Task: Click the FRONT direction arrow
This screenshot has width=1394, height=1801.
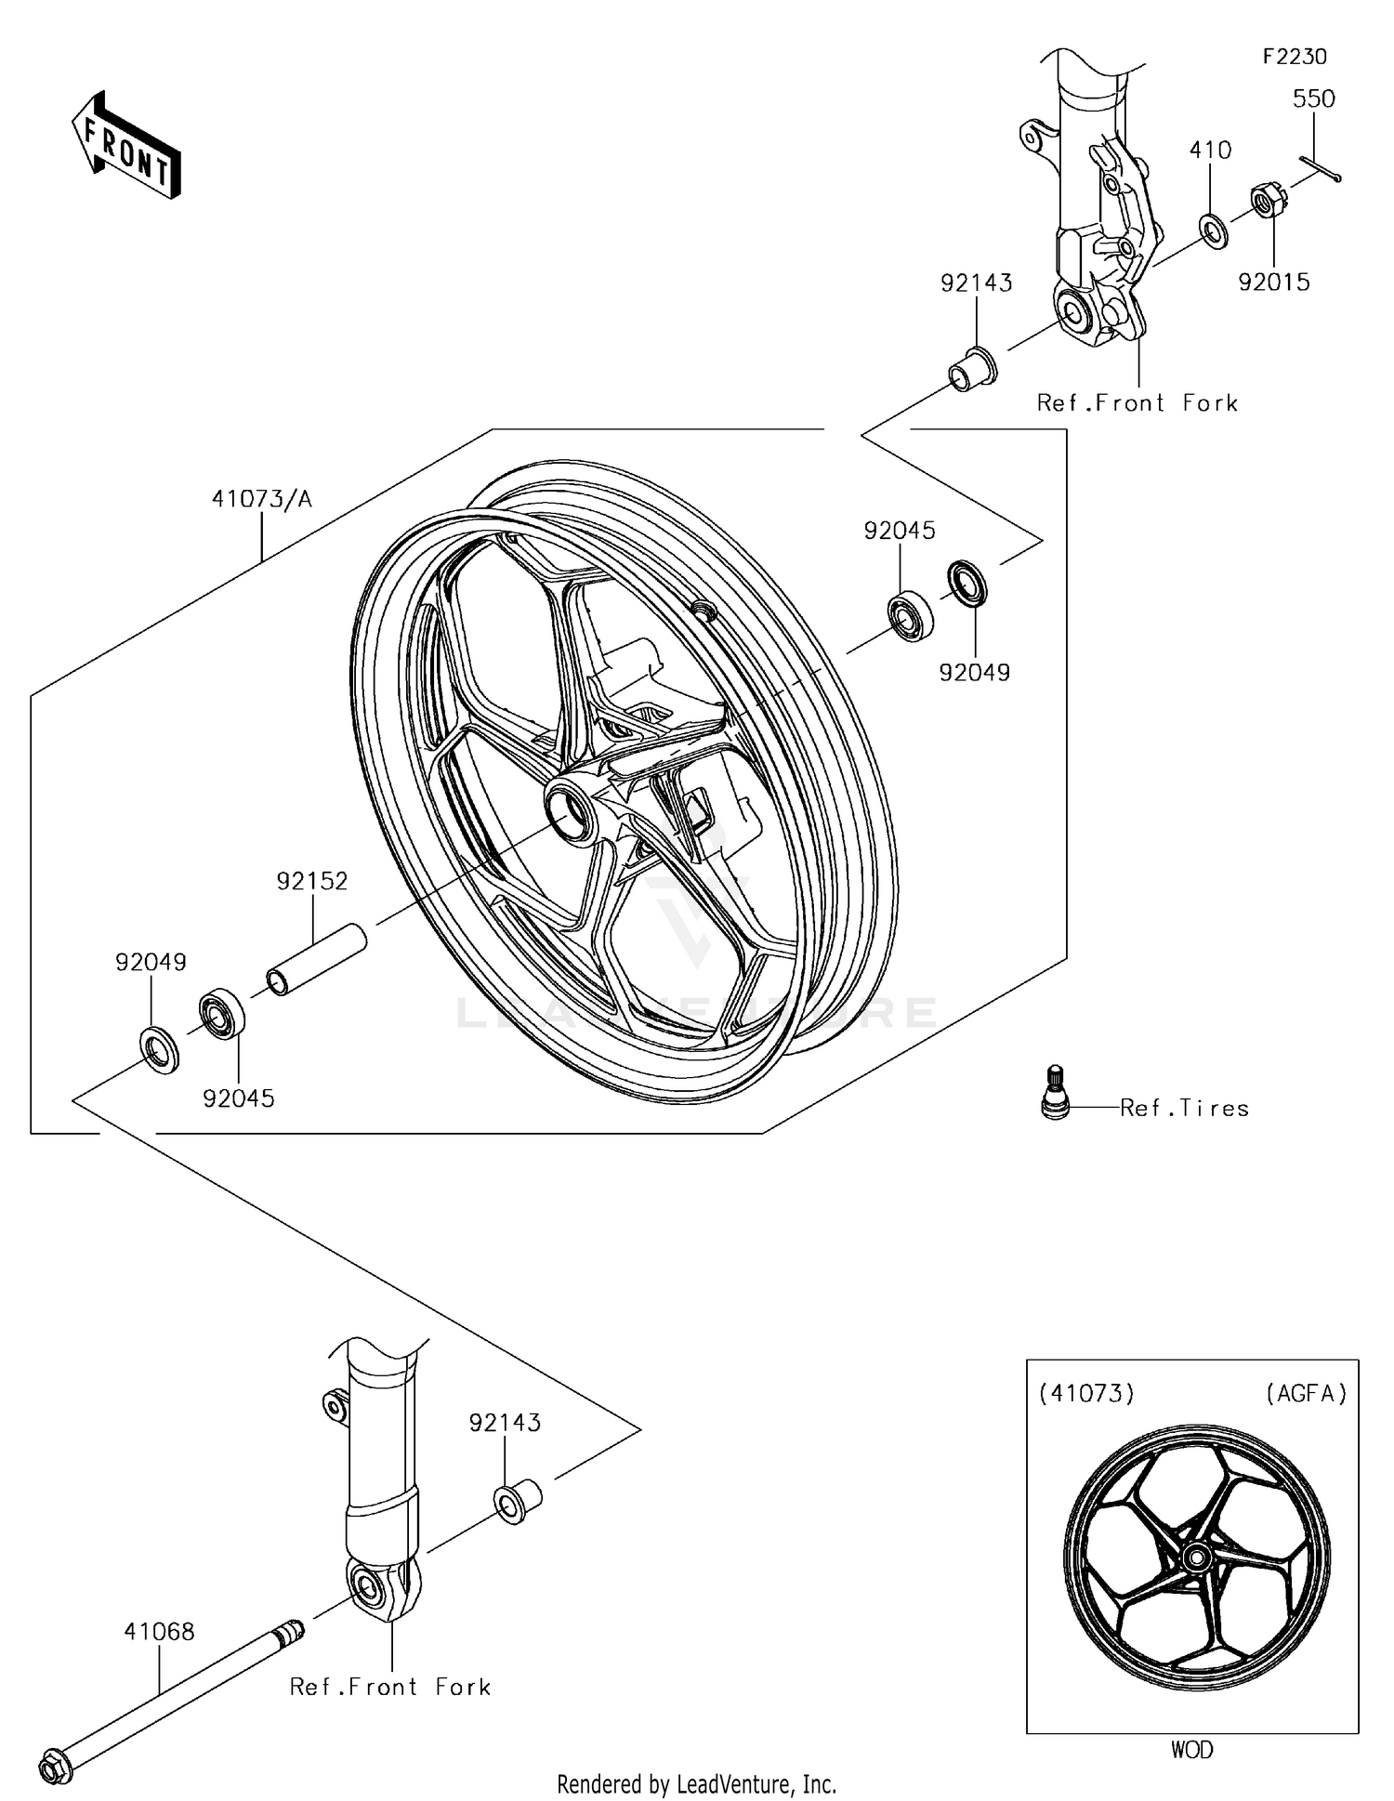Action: [x=126, y=147]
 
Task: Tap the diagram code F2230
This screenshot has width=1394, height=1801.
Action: [x=1295, y=57]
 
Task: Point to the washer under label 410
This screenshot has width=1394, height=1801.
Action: [x=1212, y=229]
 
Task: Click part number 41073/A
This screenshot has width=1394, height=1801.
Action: [x=262, y=500]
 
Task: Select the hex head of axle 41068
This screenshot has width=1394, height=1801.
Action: [x=56, y=1766]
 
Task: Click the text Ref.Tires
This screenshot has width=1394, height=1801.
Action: [x=1184, y=1108]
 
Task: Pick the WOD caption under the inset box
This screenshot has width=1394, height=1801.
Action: [x=1191, y=1750]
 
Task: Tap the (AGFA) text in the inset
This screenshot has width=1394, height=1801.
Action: [x=1306, y=1393]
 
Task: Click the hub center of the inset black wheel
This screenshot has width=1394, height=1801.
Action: [x=1196, y=1557]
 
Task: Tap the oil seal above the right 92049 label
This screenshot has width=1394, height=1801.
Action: [x=967, y=583]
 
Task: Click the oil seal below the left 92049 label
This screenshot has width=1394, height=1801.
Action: [x=160, y=1050]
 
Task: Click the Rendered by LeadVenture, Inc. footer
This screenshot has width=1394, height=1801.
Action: [x=696, y=1783]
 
